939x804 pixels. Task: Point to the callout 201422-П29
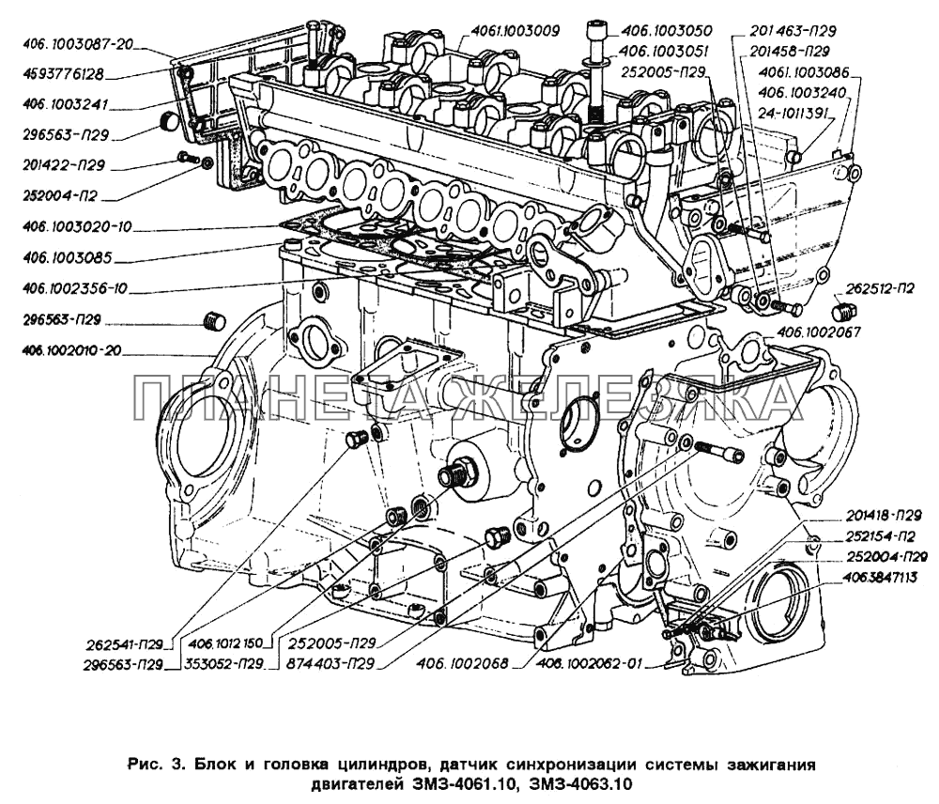(x=65, y=165)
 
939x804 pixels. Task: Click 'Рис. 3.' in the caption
(x=150, y=765)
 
